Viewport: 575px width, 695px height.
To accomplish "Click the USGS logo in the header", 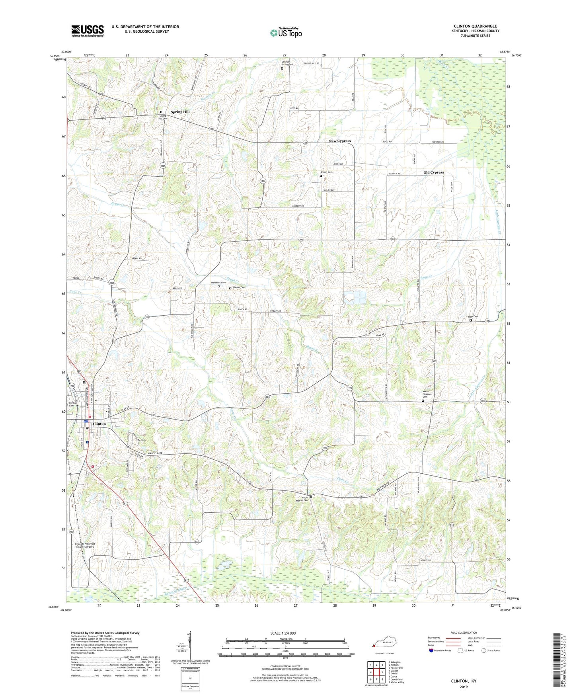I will [x=88, y=30].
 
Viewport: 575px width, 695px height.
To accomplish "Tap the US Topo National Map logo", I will [x=286, y=33].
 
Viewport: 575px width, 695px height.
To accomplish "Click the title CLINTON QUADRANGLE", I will [x=475, y=26].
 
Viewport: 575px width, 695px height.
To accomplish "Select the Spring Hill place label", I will [x=180, y=112].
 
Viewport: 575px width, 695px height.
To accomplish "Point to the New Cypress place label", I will [x=339, y=141].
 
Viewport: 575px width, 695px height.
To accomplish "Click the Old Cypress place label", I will [x=433, y=172].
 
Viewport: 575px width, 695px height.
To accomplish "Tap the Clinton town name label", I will [x=99, y=424].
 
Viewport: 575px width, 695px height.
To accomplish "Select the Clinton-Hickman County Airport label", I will [x=84, y=545].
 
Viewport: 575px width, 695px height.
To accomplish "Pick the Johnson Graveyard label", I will [x=287, y=62].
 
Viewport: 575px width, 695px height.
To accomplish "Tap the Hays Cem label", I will [x=473, y=317].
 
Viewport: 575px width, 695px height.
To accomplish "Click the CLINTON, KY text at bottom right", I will [x=463, y=681].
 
